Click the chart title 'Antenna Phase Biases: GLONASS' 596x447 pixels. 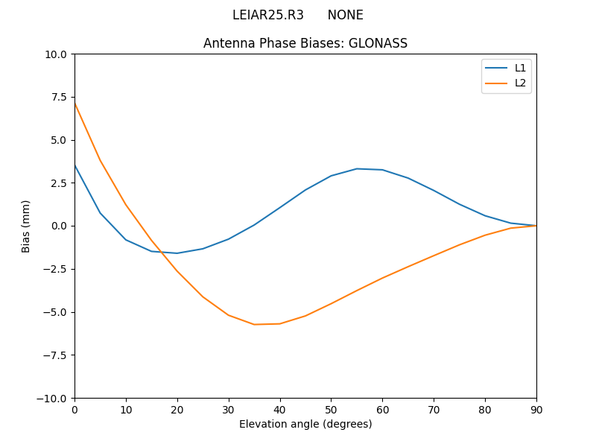[305, 43]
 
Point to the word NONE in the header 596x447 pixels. [346, 15]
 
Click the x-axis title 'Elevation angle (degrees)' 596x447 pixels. [305, 424]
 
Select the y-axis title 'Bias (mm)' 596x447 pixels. [26, 226]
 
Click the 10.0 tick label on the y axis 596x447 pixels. [56, 54]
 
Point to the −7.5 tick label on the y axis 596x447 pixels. [54, 355]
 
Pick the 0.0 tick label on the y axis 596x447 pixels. [59, 226]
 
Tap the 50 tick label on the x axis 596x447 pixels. [331, 409]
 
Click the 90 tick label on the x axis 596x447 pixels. [536, 409]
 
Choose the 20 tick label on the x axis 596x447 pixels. [177, 409]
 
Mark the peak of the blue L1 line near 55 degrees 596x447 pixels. [357, 168]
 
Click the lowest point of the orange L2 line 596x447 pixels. [254, 324]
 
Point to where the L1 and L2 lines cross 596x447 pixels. [161, 252]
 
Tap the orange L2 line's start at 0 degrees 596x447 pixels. [74, 104]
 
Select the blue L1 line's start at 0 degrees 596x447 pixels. [74, 165]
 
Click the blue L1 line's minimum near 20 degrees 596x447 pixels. [177, 253]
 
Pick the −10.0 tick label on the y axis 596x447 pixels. [54, 398]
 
